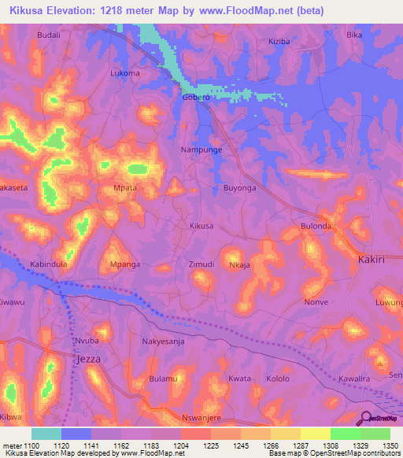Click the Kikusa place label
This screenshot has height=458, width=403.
point(201,226)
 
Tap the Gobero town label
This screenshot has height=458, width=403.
point(196,98)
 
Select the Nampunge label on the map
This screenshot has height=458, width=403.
point(201,150)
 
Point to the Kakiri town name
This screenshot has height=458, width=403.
point(374,259)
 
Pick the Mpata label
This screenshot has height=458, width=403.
point(126,189)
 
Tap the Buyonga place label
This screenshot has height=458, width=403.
point(240,189)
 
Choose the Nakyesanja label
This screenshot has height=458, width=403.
point(163,342)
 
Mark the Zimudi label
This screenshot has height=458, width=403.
point(201,264)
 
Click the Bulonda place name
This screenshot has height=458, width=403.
point(317,226)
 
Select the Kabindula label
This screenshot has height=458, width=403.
point(49,264)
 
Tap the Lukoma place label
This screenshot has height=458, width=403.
point(125,73)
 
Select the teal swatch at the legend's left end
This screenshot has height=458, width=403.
point(46,434)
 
